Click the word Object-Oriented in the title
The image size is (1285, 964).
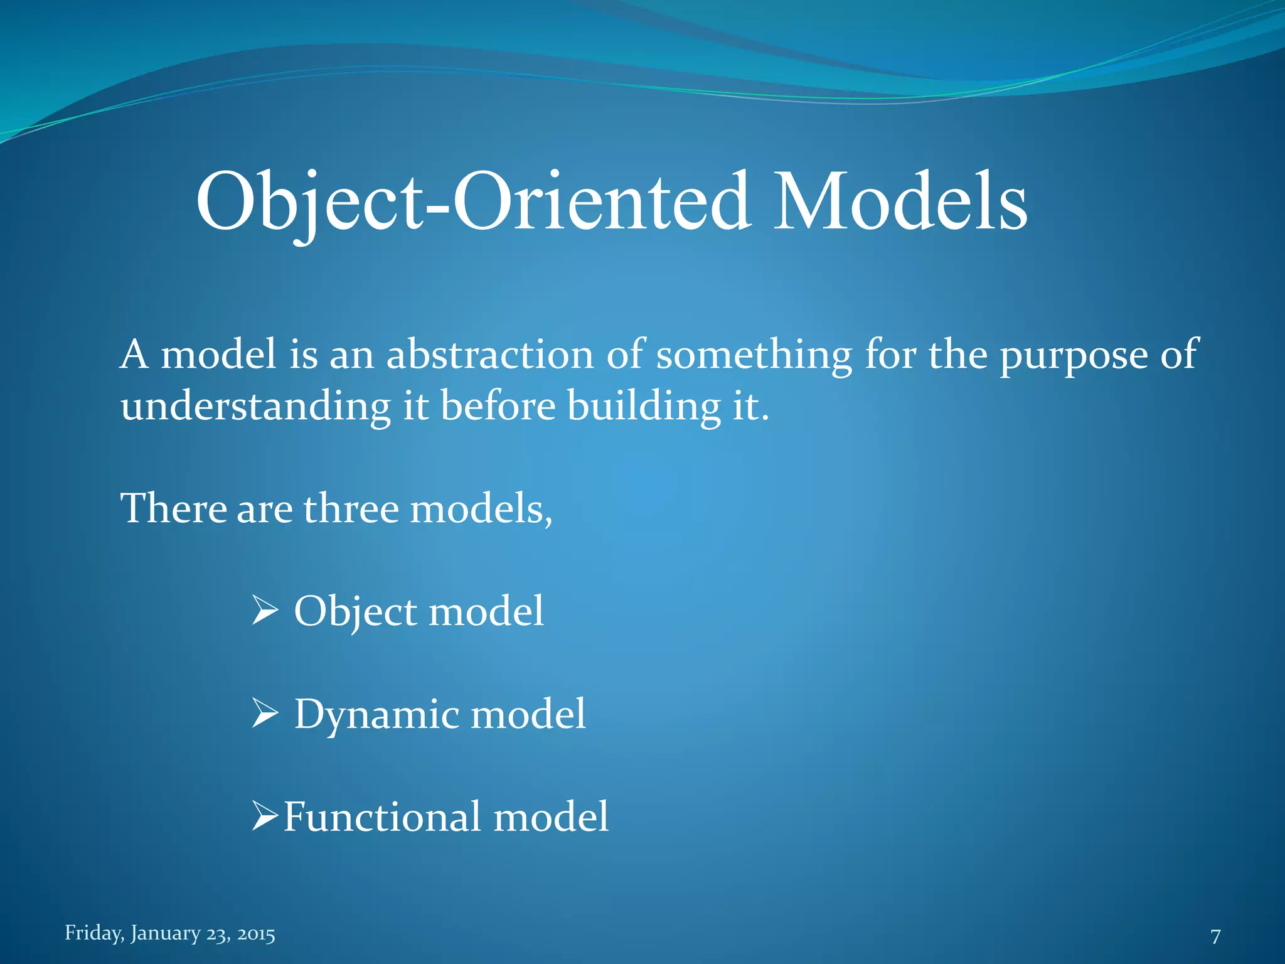coord(473,202)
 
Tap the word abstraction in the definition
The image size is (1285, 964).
coord(489,355)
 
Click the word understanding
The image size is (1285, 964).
coord(255,407)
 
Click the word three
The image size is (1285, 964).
coord(351,508)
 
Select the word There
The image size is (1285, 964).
coord(173,508)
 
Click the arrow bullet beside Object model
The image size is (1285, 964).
coord(265,611)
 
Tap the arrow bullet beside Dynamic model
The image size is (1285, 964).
coord(265,714)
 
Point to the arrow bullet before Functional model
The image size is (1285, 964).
coord(265,816)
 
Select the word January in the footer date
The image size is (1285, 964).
coord(165,933)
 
